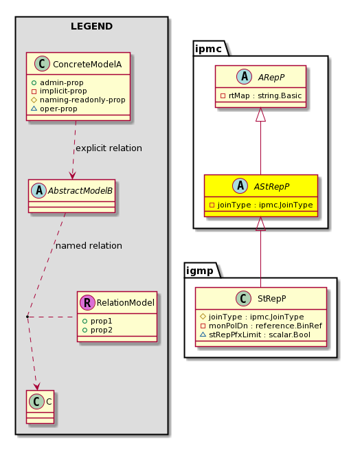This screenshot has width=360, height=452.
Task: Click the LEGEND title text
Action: [91, 26]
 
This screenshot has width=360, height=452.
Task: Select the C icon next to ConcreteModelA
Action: [42, 64]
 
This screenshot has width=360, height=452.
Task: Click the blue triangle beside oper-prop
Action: [34, 109]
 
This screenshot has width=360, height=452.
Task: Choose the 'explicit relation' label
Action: [109, 148]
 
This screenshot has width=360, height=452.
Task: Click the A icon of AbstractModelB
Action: [39, 190]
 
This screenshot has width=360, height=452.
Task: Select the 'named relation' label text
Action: [89, 246]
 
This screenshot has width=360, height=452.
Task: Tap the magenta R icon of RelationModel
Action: [87, 302]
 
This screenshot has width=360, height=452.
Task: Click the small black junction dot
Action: [27, 317]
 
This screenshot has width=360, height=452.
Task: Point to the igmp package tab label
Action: [200, 271]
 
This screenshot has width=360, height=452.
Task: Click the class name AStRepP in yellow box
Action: [271, 187]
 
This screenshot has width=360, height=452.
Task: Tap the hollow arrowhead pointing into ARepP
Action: [260, 114]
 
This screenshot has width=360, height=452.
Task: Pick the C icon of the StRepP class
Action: [243, 298]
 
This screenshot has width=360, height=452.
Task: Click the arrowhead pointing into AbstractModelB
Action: [72, 176]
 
